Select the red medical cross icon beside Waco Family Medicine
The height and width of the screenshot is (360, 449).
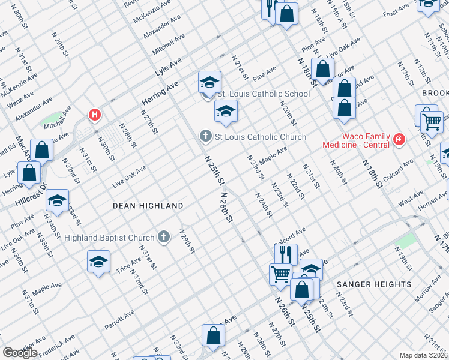tap(398, 140)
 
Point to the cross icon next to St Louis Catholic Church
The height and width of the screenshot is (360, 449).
tap(205, 137)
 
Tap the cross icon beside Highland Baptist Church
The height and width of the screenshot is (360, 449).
tap(163, 238)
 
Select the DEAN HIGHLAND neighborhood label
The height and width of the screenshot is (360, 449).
tap(148, 206)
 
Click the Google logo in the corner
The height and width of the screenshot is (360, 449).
tap(20, 352)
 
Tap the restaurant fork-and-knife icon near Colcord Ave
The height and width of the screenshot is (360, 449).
tap(286, 253)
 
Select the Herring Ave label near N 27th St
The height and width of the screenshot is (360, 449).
tap(160, 94)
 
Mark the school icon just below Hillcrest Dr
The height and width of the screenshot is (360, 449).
tap(57, 200)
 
